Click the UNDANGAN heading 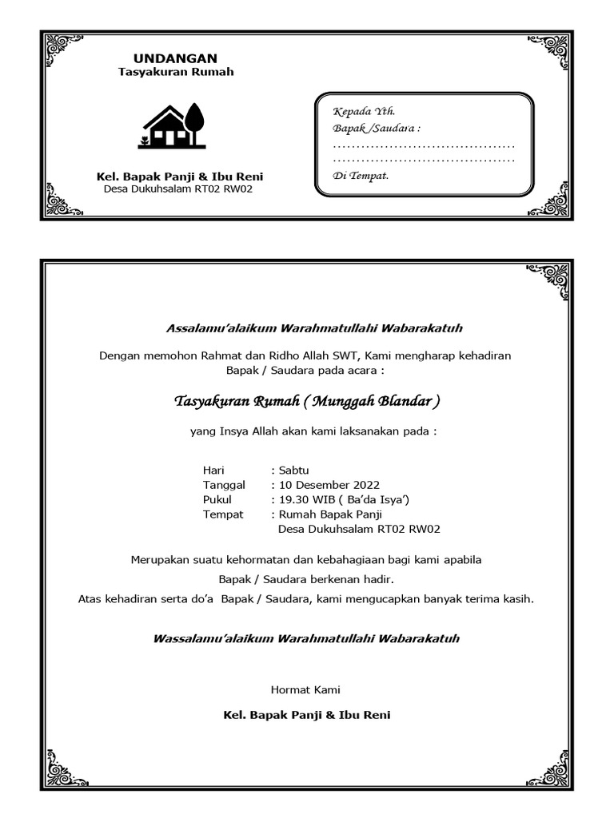click(175, 58)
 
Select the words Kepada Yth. click(364, 112)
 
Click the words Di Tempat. click(361, 176)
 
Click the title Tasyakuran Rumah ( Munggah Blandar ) click(307, 400)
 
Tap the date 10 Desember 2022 click(329, 485)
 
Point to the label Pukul click(217, 499)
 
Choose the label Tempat click(223, 514)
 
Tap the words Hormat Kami click(306, 689)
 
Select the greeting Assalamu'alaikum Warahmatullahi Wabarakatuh click(313, 328)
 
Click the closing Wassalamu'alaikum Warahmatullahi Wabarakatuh click(306, 639)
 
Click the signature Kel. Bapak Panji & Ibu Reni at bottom click(307, 714)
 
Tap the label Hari click(213, 470)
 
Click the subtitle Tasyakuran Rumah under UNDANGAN click(176, 72)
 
